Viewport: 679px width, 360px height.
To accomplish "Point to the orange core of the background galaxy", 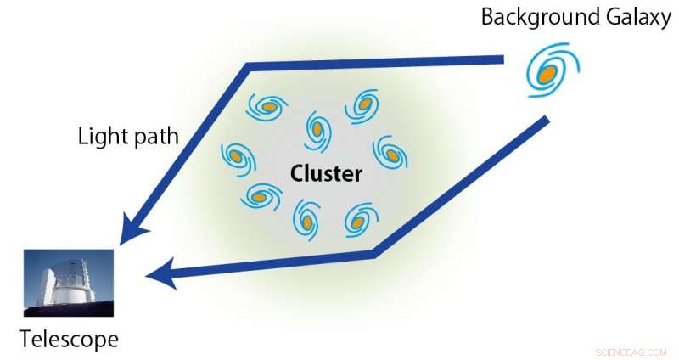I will (x=548, y=75).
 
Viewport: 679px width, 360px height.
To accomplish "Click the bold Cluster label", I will (x=326, y=174).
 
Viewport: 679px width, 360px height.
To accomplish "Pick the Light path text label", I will (x=128, y=136).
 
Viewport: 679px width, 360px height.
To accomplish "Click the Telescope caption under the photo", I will (x=69, y=340).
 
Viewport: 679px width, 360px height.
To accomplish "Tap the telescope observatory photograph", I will (x=69, y=282).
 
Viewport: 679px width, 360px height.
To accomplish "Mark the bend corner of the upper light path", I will (x=248, y=66).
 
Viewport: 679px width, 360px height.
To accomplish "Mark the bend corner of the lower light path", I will (x=375, y=252).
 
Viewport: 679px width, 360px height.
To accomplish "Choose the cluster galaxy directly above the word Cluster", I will (x=317, y=128).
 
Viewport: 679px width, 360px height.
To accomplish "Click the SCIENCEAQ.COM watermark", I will (x=631, y=351).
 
